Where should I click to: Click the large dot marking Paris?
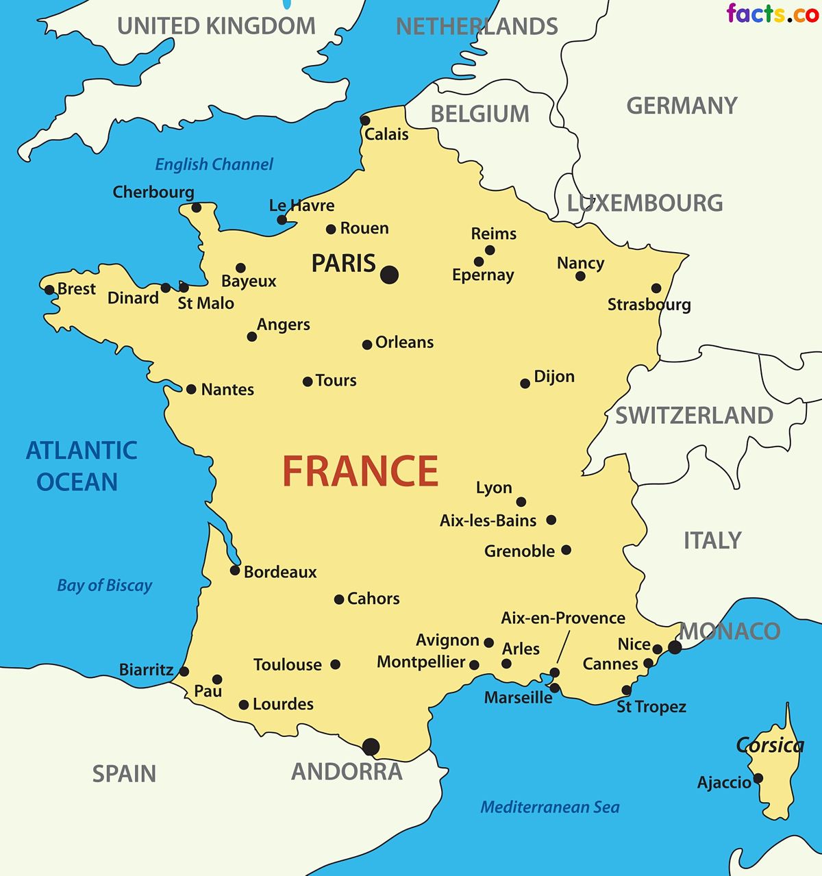pos(389,275)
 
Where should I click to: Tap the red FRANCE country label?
pos(360,471)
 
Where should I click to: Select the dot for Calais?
pos(365,121)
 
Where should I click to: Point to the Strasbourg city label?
pos(649,305)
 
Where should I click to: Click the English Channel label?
pos(214,164)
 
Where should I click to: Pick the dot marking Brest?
pos(49,290)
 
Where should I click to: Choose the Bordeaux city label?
pos(280,572)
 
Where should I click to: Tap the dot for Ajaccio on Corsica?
pos(758,778)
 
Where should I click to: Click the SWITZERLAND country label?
pos(694,415)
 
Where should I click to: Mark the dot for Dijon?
pos(525,384)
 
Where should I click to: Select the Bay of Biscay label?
pos(104,586)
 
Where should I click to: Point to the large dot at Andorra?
pos(371,747)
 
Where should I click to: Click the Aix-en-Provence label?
pos(563,618)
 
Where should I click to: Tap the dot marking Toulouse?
pos(335,664)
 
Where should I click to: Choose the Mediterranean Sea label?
pos(549,808)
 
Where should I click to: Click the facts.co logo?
pos(772,13)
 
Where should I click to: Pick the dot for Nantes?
pos(191,389)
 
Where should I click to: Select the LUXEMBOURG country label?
pos(645,203)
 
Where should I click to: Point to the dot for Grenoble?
pos(566,550)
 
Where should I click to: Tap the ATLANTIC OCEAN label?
pos(81,466)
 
